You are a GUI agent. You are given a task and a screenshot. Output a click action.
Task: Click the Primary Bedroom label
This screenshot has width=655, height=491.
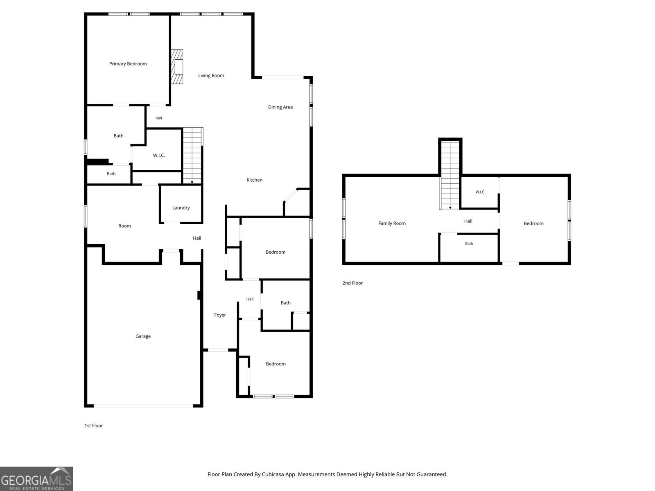(128, 64)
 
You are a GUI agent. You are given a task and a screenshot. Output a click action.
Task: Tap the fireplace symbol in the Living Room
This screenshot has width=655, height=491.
(177, 67)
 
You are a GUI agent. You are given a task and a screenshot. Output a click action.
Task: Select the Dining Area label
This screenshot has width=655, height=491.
(280, 107)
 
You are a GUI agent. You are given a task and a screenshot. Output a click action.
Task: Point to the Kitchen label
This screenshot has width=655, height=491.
(254, 180)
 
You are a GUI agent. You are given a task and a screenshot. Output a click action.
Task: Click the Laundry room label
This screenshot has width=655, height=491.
(181, 208)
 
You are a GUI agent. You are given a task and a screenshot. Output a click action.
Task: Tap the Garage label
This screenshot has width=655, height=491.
(143, 336)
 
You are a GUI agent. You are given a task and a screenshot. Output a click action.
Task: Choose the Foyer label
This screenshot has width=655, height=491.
(220, 315)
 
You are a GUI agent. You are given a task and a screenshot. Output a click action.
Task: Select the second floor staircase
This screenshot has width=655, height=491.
(450, 175)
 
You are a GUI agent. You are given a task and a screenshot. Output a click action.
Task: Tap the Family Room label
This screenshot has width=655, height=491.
(392, 223)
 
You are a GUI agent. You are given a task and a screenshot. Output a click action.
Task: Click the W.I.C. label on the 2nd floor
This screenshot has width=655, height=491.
(480, 192)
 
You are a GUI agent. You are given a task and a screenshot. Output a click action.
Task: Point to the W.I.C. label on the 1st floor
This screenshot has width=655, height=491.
(159, 155)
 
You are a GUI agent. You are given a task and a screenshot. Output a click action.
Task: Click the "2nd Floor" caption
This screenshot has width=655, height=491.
(352, 283)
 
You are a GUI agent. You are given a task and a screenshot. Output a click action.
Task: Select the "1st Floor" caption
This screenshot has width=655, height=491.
(94, 426)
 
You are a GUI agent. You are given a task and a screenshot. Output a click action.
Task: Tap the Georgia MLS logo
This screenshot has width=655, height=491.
(36, 479)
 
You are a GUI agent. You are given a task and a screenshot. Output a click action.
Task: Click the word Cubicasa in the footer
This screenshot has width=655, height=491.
(273, 474)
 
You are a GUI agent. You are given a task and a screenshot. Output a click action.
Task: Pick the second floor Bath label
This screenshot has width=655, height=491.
(469, 243)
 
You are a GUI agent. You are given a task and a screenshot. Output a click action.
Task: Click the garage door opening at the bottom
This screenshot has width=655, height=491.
(143, 406)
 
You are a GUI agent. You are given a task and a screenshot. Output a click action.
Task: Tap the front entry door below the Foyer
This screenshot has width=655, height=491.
(218, 350)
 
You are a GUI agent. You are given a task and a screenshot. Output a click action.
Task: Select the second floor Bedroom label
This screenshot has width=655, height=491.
(533, 223)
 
